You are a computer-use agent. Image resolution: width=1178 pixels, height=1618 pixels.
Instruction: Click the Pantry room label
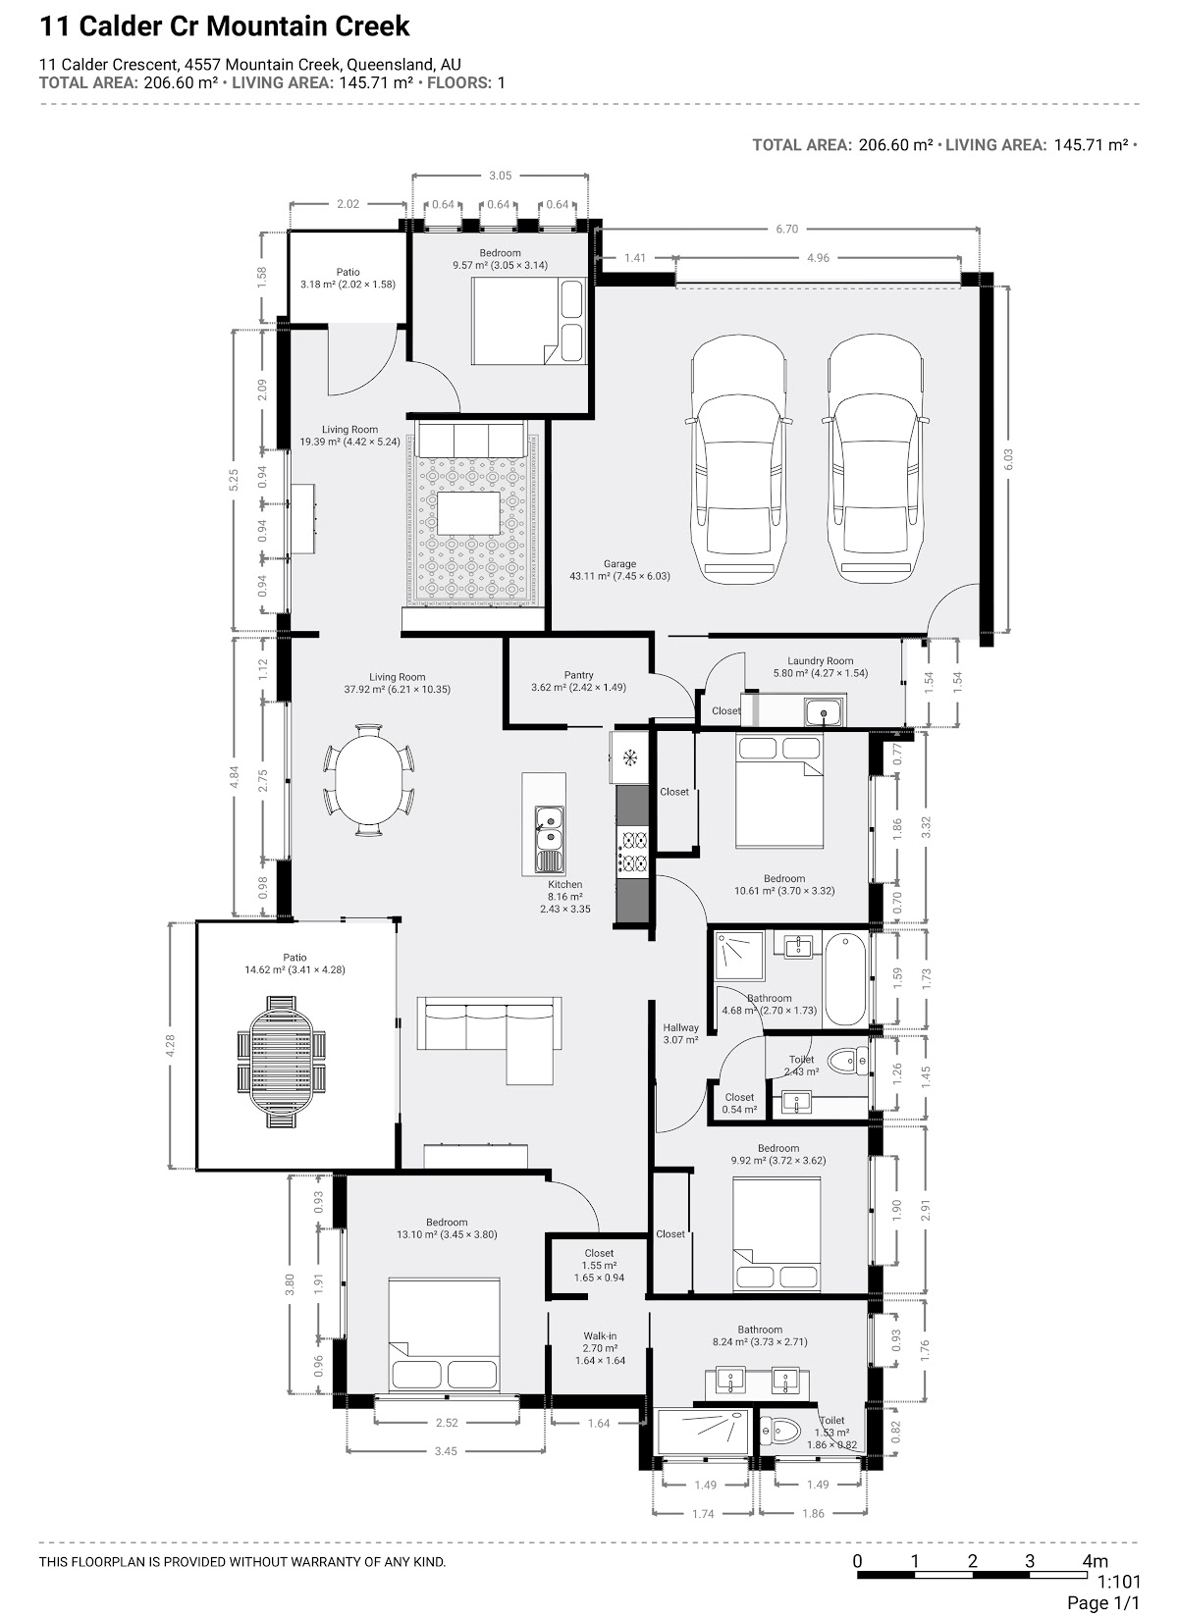tap(578, 675)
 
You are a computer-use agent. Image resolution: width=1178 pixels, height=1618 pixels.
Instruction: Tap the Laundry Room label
tap(820, 660)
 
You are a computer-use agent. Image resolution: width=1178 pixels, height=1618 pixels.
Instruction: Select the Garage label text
tap(619, 563)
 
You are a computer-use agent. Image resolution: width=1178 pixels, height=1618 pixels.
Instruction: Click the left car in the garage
tap(738, 460)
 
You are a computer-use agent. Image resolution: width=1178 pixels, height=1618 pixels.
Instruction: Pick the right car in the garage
tap(874, 460)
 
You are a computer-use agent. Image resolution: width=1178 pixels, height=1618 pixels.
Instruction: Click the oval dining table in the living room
tap(368, 781)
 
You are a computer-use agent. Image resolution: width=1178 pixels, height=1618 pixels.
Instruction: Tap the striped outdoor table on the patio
tap(281, 1061)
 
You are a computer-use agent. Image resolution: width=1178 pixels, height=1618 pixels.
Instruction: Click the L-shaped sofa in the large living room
tap(490, 1040)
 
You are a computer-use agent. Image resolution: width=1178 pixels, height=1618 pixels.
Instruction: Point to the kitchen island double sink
tap(550, 839)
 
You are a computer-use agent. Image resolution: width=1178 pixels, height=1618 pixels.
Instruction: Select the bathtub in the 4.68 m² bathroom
tap(845, 978)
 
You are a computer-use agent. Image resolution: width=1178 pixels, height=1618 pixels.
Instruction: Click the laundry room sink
tap(824, 712)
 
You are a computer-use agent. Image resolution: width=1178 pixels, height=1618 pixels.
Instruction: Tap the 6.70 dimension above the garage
tap(786, 229)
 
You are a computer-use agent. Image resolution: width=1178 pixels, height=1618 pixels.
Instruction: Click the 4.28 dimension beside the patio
tap(170, 1044)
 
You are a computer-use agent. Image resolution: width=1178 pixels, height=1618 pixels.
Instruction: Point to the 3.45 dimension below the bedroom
tap(445, 1450)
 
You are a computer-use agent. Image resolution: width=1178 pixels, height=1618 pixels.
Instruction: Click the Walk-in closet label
tap(600, 1335)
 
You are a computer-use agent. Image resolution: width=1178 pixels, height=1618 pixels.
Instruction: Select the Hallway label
tap(680, 1027)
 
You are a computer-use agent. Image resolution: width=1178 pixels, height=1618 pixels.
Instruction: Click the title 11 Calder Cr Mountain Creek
tap(224, 26)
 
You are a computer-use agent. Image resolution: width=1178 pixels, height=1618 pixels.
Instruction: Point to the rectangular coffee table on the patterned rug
tap(468, 513)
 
